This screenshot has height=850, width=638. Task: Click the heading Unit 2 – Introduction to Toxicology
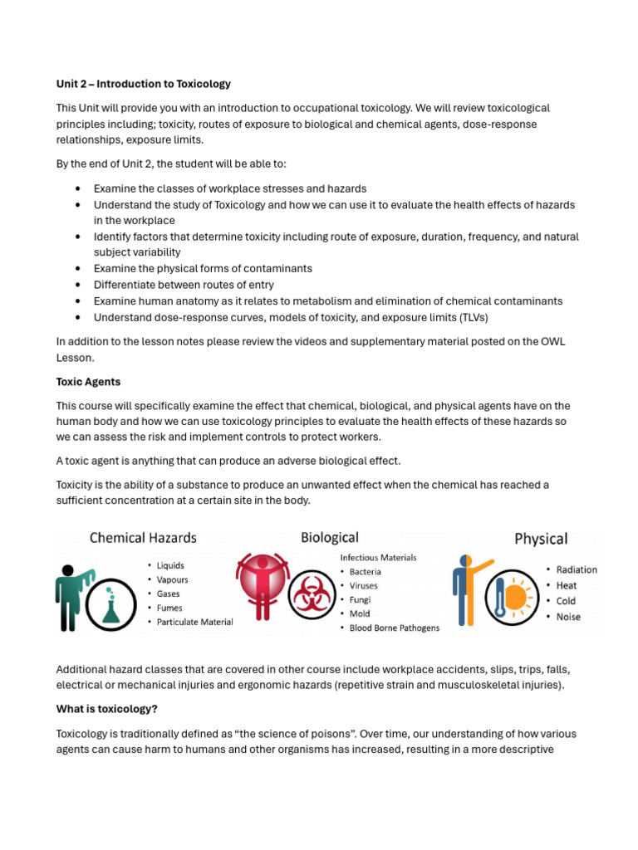143,84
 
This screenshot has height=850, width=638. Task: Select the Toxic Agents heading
88,382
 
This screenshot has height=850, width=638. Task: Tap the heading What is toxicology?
106,709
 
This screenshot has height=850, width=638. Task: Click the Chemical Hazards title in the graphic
143,538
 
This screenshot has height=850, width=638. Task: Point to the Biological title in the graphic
330,538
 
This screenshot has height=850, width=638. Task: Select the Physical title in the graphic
541,539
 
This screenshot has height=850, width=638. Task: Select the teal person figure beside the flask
71,593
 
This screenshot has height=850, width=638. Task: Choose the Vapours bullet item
173,579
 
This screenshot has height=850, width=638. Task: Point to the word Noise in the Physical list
568,617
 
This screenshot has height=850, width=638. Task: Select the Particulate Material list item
195,622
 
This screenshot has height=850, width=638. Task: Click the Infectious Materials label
378,558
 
